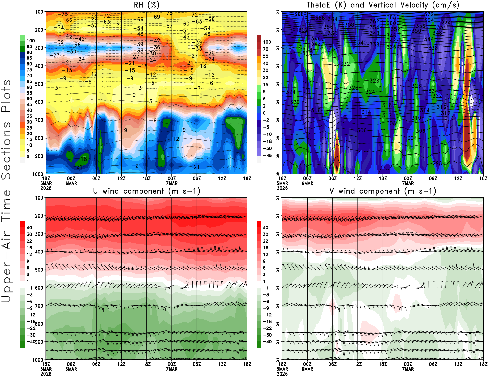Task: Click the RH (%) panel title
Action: click(x=147, y=5)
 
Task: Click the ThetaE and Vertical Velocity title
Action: click(x=383, y=5)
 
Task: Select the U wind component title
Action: click(x=147, y=191)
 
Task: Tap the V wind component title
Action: click(x=383, y=191)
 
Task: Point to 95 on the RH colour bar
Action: click(x=29, y=46)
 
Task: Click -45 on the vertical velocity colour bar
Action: click(x=267, y=156)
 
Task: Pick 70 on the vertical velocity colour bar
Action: click(x=265, y=49)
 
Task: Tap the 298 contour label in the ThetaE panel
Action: click(x=437, y=163)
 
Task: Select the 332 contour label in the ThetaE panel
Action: click(x=345, y=64)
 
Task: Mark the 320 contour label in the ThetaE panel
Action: click(x=295, y=102)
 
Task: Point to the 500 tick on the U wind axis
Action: click(x=39, y=270)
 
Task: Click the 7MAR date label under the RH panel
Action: click(x=172, y=183)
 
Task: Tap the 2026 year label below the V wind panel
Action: click(x=282, y=374)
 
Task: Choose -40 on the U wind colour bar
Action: click(x=31, y=341)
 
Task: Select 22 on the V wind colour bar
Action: click(x=265, y=241)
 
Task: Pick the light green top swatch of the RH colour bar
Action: click(x=23, y=37)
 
